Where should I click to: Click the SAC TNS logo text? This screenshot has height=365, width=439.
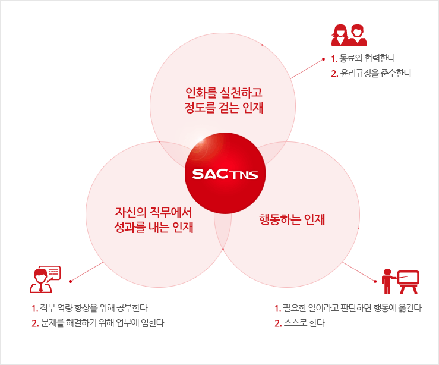pos(225,174)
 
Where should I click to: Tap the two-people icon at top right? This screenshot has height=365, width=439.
pos(349,35)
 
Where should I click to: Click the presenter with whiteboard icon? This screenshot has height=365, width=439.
pos(400,281)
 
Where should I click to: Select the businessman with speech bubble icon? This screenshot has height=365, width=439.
pos(45,279)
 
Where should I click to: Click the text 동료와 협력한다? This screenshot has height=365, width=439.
pos(367,58)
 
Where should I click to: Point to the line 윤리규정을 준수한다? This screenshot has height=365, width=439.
pos(375,73)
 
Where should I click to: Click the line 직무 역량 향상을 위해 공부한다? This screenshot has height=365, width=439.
pos(93,308)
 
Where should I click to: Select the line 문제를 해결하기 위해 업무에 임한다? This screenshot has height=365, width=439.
pos(102,323)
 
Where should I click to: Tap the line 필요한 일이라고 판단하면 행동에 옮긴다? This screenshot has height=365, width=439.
pos(352,308)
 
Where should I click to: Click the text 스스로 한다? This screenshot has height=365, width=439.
pos(304,323)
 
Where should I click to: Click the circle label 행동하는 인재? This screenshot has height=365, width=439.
pos(292,219)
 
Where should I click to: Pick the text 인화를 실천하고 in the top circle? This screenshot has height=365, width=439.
pos(224,93)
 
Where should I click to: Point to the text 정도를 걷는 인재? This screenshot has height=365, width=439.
pos(224,108)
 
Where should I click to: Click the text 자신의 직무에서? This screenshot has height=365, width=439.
pos(153,212)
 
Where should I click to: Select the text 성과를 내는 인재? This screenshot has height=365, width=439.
pos(154,227)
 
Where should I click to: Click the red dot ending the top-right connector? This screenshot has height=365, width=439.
pos(323,59)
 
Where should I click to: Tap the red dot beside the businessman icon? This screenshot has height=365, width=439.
pos(71,281)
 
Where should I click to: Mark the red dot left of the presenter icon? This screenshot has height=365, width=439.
pos(375,281)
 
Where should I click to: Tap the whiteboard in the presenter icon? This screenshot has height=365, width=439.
pos(408,282)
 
